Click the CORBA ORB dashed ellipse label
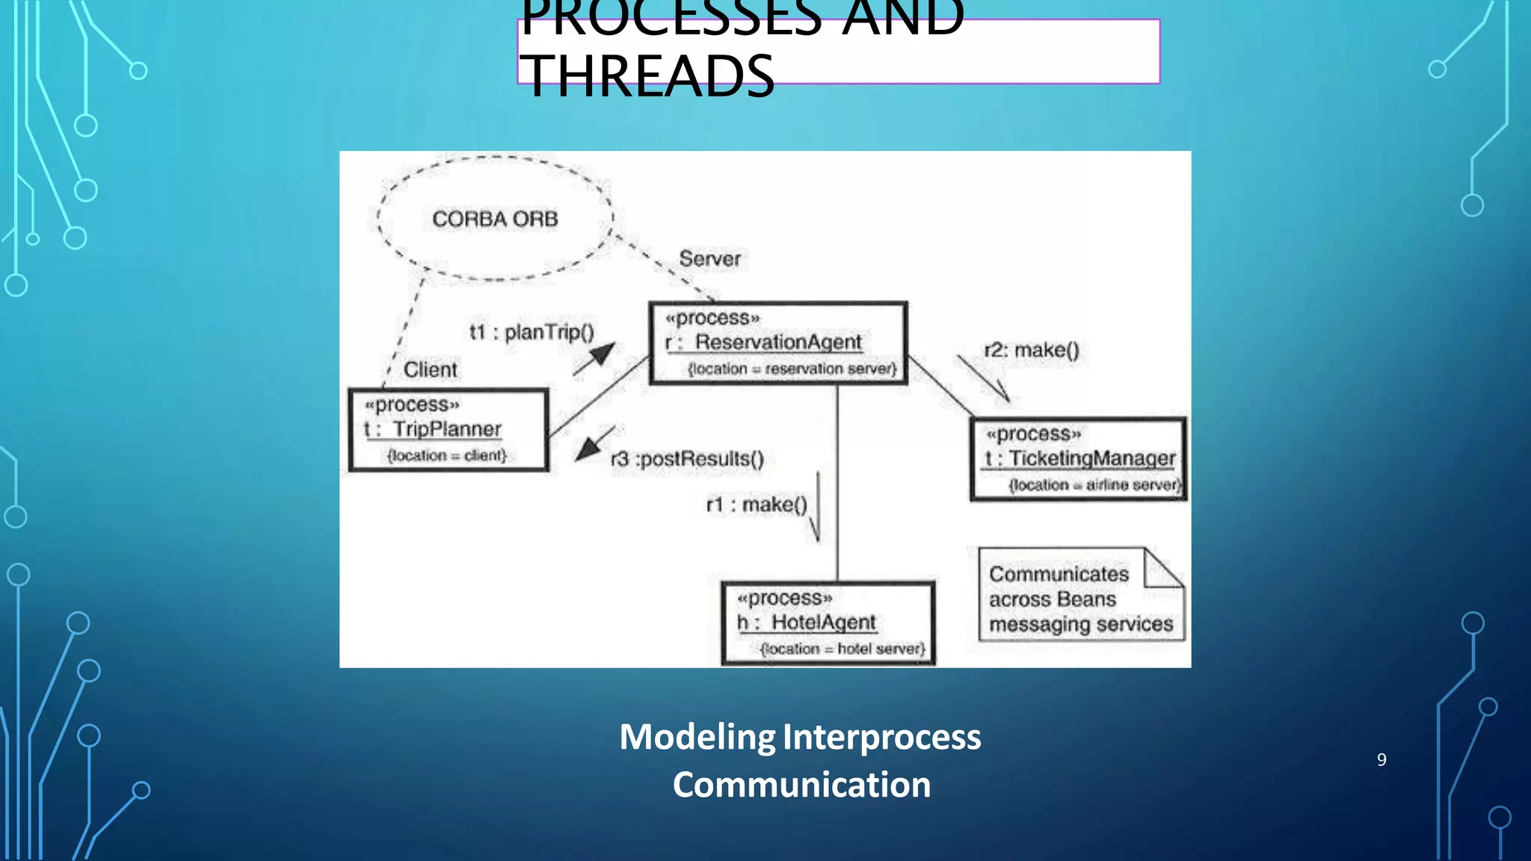[x=495, y=219]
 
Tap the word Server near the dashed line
[x=709, y=259]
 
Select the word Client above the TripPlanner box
[x=430, y=370]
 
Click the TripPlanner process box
[x=449, y=430]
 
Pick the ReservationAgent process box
[x=778, y=343]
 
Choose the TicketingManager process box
[x=1078, y=459]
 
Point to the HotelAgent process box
[x=828, y=623]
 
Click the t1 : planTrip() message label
[x=532, y=333]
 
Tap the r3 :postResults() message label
[x=687, y=459]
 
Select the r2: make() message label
[x=1032, y=351]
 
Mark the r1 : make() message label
[x=757, y=505]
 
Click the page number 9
[x=1381, y=760]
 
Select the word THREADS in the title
[x=647, y=76]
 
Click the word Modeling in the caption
[x=697, y=737]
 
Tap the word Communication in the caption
[x=801, y=785]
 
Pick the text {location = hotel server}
[x=842, y=649]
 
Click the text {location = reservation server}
[x=792, y=369]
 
